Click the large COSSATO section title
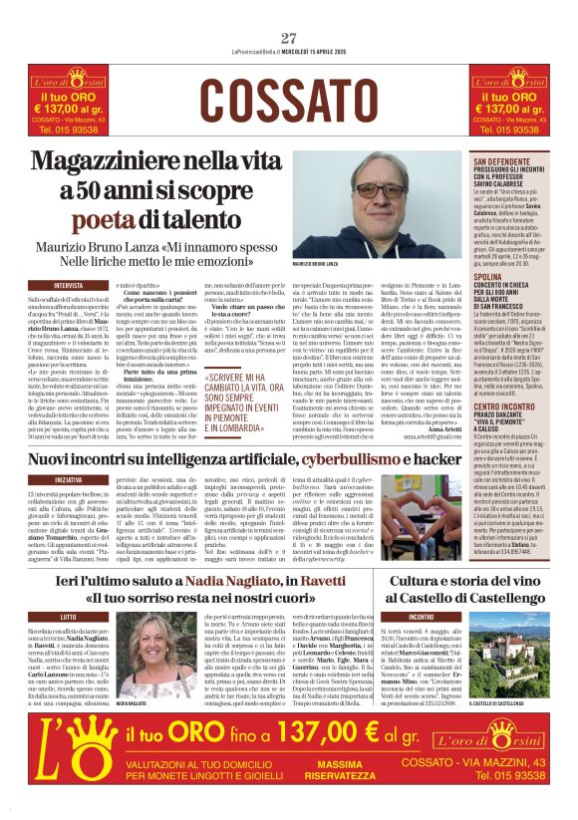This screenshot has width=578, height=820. point(288,101)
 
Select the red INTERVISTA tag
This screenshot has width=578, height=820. point(69,285)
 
